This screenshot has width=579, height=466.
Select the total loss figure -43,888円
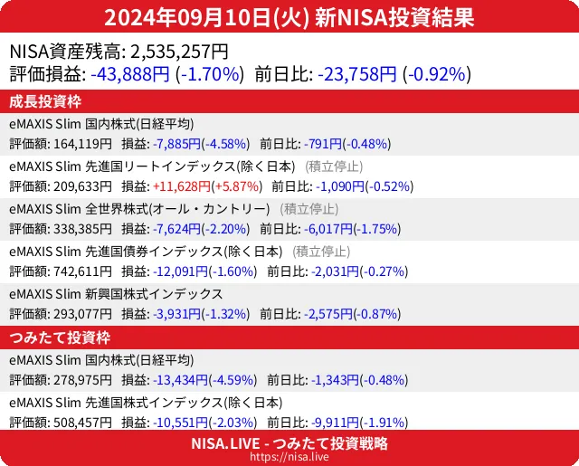[x=130, y=73]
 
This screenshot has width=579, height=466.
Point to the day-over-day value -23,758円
[x=356, y=73]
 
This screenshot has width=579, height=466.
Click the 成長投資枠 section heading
[x=45, y=101]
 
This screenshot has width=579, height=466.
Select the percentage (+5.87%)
[x=235, y=186]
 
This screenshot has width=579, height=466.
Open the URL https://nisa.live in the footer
[x=289, y=458]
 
